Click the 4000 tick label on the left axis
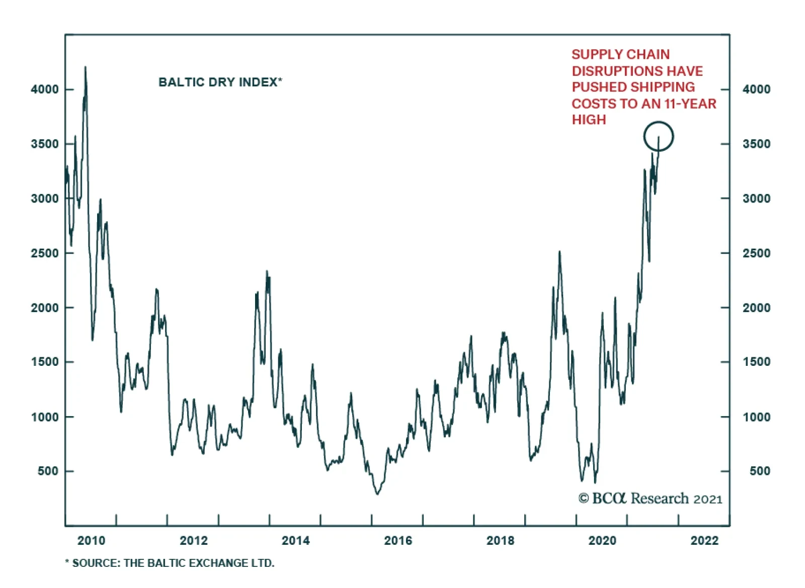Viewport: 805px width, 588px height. point(45,89)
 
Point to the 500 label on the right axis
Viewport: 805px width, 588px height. point(760,471)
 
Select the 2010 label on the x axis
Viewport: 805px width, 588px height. point(91,541)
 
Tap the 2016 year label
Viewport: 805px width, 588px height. point(398,541)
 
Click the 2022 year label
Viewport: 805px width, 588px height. point(704,541)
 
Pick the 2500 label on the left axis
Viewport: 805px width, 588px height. point(45,253)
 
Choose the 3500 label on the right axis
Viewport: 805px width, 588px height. point(756,144)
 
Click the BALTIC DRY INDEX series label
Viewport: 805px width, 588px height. point(220,82)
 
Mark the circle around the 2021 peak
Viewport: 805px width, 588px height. point(658,136)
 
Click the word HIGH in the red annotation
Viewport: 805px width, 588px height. point(589,120)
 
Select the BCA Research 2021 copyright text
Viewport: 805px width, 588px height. point(650,499)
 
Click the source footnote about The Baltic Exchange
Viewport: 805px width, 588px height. point(170,563)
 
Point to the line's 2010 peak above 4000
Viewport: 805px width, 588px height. point(85,67)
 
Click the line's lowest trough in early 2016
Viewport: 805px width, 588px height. point(377,494)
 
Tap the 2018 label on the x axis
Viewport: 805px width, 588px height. point(500,541)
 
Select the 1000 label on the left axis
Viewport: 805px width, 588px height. point(45,417)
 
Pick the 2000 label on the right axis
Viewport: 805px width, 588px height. point(756,308)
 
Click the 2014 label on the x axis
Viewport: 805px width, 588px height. point(295,541)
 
